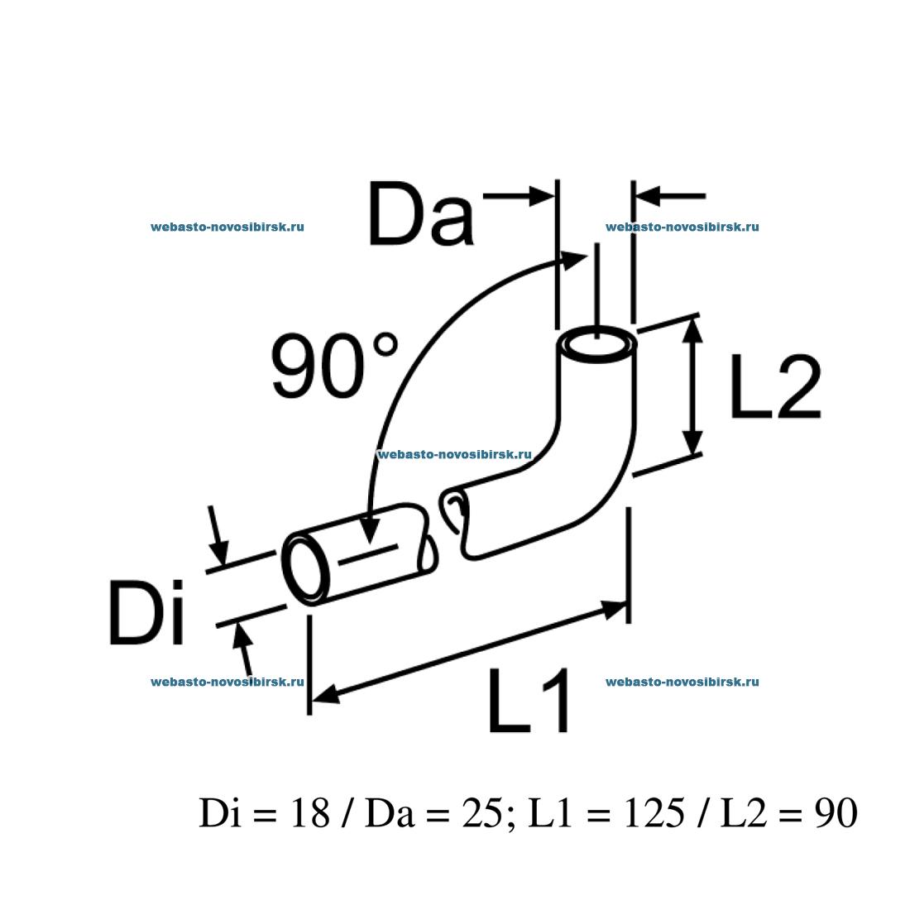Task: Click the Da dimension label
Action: point(421,213)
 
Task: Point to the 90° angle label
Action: point(335,365)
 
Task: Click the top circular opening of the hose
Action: point(597,345)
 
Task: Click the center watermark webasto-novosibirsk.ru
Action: point(454,454)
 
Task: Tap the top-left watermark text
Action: point(227,227)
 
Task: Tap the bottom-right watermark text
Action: point(682,682)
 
